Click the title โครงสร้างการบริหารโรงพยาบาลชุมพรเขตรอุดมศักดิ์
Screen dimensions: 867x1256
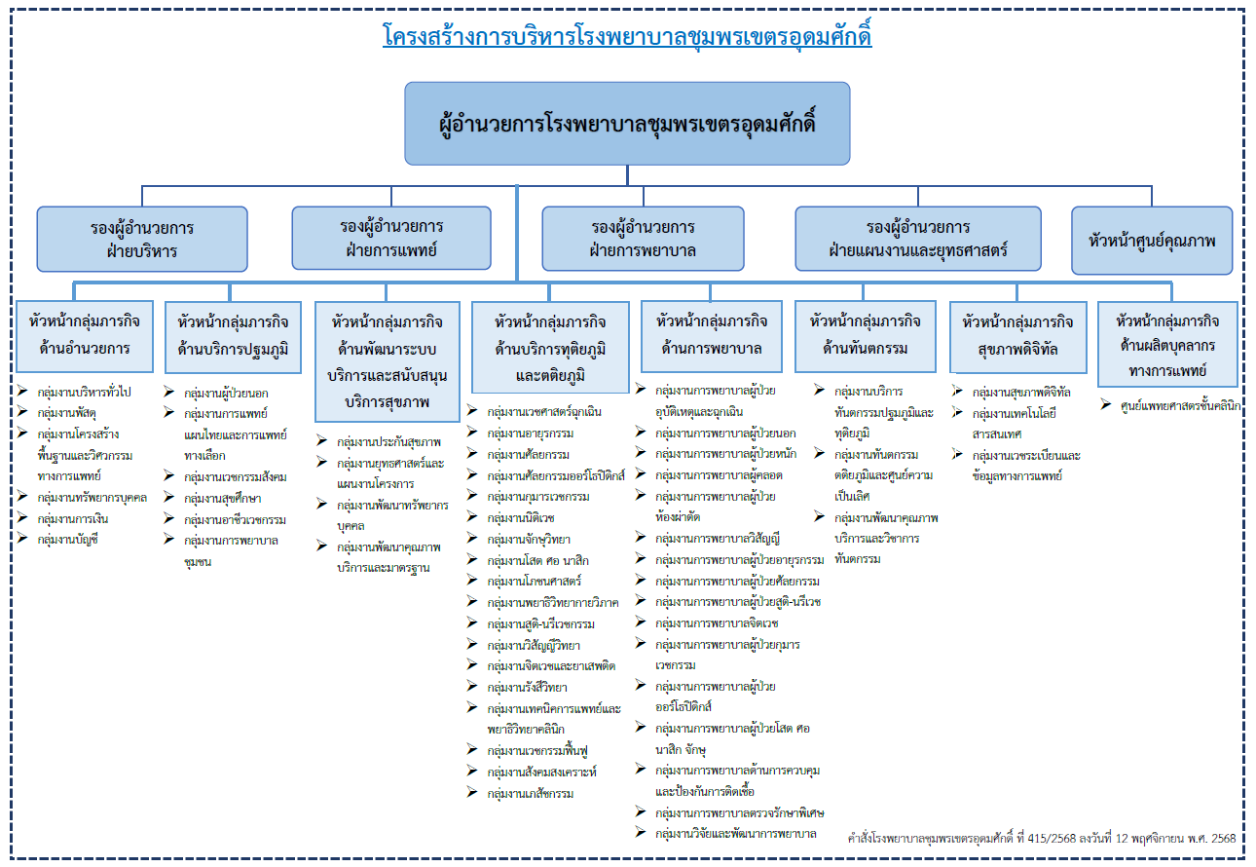click(x=627, y=38)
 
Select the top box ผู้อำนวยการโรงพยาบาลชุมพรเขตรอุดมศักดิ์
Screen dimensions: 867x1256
click(x=627, y=124)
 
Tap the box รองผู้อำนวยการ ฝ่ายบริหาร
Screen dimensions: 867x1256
click(x=142, y=239)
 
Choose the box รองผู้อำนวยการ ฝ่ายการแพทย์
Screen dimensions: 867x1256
click(x=391, y=239)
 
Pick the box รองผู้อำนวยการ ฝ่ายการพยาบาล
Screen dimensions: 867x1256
click(x=643, y=239)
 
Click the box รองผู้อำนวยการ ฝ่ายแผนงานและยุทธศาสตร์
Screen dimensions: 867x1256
click(x=917, y=239)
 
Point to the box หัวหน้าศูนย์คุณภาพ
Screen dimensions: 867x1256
click(x=1151, y=240)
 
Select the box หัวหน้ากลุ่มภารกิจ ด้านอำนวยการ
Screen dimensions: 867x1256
click(x=85, y=335)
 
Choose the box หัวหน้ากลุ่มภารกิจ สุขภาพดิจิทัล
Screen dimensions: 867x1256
click(x=1017, y=335)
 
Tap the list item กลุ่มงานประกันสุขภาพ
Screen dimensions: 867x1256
click(x=388, y=441)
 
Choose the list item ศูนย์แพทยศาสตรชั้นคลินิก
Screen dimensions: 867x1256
click(x=1180, y=406)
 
